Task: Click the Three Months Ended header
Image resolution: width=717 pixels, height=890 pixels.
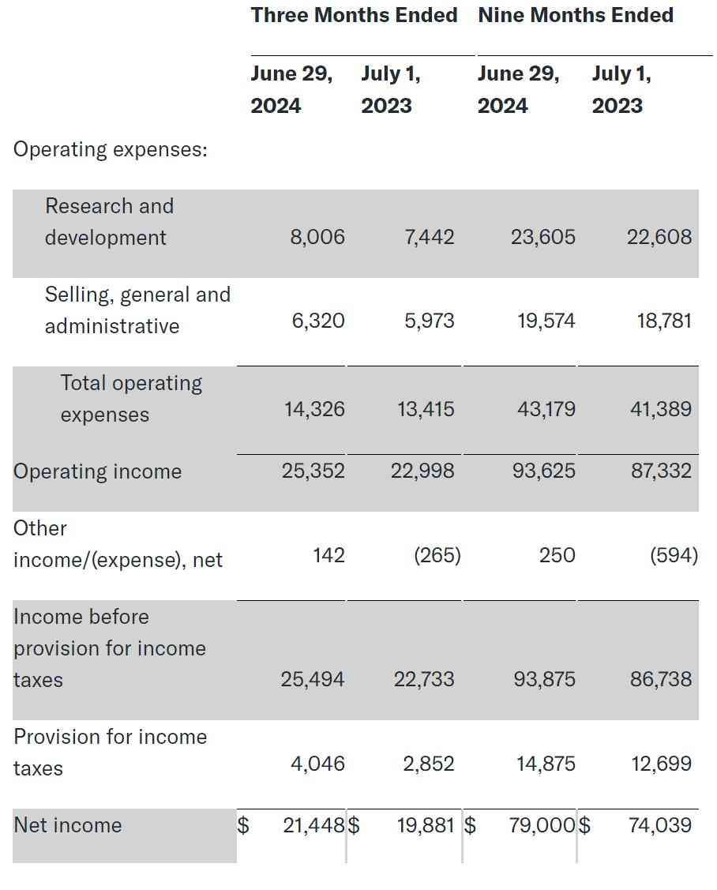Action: [354, 15]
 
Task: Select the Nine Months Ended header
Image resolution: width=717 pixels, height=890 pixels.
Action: [575, 15]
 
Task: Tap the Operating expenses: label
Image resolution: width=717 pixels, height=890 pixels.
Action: [111, 149]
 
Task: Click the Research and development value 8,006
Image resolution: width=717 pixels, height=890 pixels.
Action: [317, 237]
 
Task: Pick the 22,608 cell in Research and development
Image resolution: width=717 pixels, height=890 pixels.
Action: [659, 237]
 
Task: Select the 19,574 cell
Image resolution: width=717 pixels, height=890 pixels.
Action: [546, 321]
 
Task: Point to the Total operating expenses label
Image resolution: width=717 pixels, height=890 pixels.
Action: [131, 399]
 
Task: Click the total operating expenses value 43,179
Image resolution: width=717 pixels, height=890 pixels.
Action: [546, 409]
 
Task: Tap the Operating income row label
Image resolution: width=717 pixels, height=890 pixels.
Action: [97, 471]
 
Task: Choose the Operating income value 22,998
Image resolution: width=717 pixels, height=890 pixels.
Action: [422, 471]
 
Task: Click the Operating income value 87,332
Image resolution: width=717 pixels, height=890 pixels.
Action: [660, 471]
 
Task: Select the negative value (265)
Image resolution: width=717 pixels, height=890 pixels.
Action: [437, 555]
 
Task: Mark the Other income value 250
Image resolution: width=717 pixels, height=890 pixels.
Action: [557, 555]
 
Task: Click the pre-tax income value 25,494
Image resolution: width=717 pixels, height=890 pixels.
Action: [313, 679]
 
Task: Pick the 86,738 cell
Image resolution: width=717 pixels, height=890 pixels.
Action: [660, 679]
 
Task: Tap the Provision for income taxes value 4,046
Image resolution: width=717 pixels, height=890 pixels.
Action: [317, 764]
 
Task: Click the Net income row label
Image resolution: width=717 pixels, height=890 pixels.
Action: [68, 825]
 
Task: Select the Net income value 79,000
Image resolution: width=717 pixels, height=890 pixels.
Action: [542, 825]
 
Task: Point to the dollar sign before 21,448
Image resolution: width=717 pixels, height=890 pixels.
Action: [244, 825]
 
